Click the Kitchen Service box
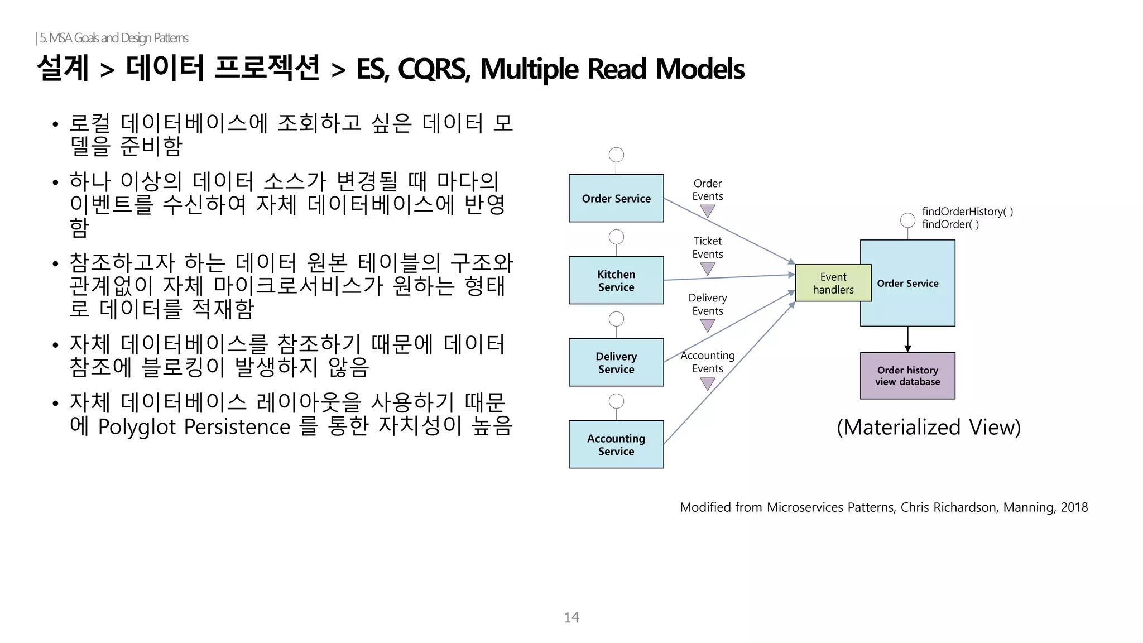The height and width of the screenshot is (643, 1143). click(x=616, y=280)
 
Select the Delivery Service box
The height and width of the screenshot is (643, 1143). click(x=616, y=362)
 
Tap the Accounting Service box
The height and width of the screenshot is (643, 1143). click(x=616, y=444)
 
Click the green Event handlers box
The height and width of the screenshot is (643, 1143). click(x=833, y=283)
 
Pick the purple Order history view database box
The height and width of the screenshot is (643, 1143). click(x=907, y=376)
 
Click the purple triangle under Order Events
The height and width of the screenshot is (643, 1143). click(x=708, y=211)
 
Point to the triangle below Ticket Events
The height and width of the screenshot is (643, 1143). click(x=708, y=268)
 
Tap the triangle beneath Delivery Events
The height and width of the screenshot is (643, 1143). click(x=708, y=325)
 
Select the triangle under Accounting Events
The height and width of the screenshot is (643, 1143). click(x=708, y=383)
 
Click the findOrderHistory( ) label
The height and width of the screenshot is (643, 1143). click(x=967, y=212)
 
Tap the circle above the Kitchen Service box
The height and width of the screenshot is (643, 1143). click(x=616, y=237)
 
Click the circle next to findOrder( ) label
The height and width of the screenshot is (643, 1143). click(x=907, y=220)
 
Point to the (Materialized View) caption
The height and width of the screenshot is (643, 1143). click(x=929, y=427)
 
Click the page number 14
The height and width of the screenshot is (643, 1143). click(x=571, y=617)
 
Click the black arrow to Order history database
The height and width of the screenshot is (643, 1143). click(x=907, y=339)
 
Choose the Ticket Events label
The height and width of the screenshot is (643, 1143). click(x=708, y=247)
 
